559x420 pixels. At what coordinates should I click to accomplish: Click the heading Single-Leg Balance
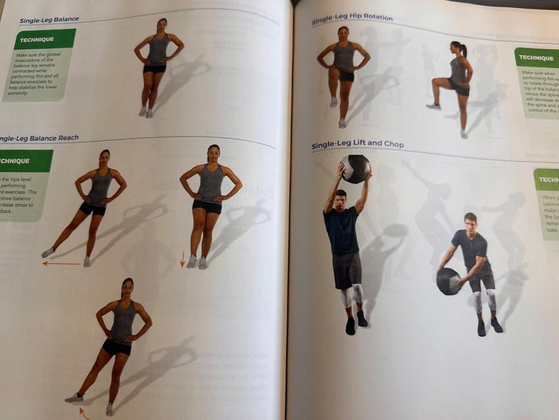tap(49, 20)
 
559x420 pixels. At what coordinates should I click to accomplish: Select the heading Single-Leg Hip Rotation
tap(352, 19)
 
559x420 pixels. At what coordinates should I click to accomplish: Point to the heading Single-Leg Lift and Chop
tap(357, 145)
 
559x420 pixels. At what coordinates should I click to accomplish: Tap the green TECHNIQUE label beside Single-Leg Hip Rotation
tap(536, 58)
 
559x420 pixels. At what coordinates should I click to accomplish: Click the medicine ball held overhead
tap(355, 168)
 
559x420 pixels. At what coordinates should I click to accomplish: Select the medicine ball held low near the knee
tap(448, 281)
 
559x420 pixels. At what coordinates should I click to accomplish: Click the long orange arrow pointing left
tap(61, 264)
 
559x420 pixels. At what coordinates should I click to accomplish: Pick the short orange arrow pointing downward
tap(183, 259)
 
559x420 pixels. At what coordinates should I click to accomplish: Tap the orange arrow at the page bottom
tap(84, 413)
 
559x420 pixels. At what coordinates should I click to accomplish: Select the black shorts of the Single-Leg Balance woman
tap(155, 69)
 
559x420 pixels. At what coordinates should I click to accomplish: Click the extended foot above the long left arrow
tap(48, 252)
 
